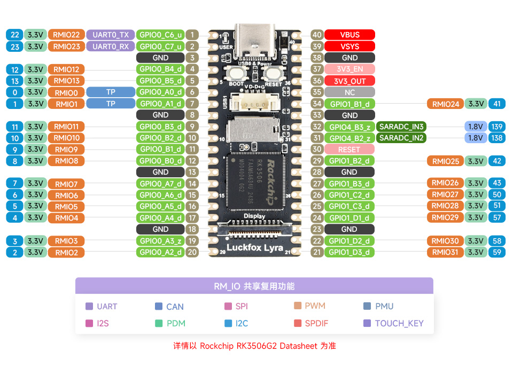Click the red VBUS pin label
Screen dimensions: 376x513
coord(349,35)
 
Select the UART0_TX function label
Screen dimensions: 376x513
coord(111,35)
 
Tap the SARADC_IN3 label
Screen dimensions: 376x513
coord(402,127)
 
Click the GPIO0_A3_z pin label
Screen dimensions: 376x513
coord(161,241)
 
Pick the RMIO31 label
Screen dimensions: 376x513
coord(445,252)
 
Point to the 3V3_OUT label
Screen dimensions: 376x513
coord(349,81)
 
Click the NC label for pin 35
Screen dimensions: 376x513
coord(349,92)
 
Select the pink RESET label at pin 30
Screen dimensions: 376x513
coord(349,150)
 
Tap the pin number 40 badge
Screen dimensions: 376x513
coord(317,35)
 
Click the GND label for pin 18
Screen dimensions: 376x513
coord(161,229)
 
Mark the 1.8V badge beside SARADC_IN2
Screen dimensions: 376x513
coord(475,138)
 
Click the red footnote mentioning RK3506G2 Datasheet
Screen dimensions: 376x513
coord(254,346)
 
